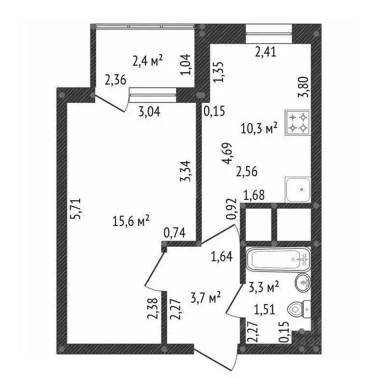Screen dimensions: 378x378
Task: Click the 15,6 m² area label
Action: coord(131,222)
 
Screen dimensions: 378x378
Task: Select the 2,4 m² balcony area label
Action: coord(148,61)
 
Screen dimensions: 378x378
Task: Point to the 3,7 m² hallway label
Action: coord(205,297)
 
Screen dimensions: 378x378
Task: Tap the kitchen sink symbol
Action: coord(297,189)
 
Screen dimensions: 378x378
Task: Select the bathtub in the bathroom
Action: coord(278,259)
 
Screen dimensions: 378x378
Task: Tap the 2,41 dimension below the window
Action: coord(266,51)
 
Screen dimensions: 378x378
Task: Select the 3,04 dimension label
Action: coord(150,111)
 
